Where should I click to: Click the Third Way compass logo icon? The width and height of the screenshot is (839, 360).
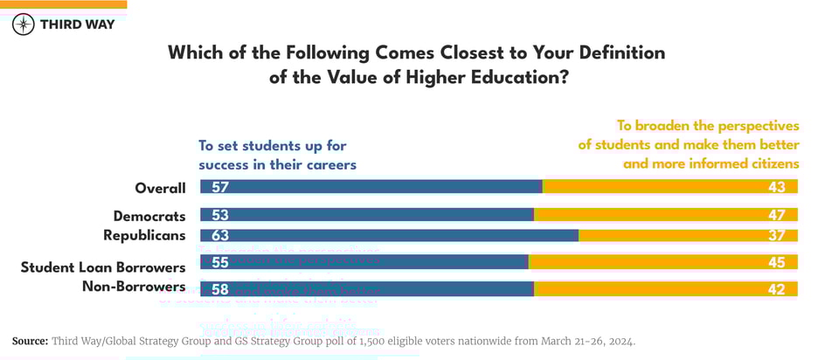[24, 24]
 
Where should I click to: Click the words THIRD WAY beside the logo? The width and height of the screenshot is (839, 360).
[77, 24]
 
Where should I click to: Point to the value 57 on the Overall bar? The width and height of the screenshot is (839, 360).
[219, 187]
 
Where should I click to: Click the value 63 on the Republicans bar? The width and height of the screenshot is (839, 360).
[219, 235]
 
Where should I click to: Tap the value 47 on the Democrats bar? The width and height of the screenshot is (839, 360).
[777, 215]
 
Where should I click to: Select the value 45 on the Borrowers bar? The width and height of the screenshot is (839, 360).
[777, 262]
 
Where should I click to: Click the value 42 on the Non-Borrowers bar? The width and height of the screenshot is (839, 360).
[777, 288]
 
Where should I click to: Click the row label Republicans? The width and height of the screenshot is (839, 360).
[144, 235]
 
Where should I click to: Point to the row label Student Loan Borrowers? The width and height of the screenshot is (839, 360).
[103, 267]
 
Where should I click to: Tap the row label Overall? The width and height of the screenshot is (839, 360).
[160, 188]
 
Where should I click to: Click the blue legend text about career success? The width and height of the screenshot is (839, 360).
[277, 155]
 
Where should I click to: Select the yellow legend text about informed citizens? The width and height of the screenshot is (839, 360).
[689, 144]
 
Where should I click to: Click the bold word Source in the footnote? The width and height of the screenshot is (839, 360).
[30, 341]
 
